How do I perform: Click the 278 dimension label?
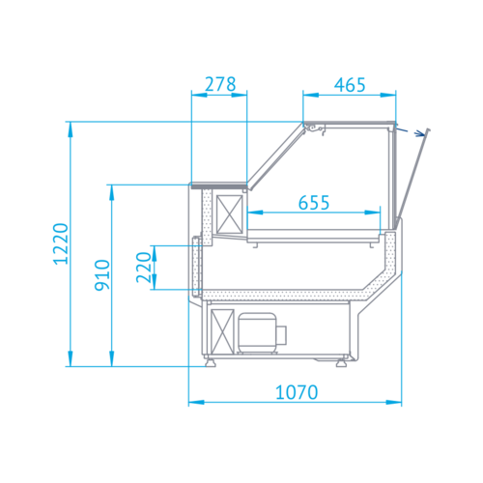pos(220,84)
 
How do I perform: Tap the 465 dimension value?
pos(350,85)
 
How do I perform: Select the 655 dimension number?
pos(314,203)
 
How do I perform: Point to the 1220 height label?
pos(61,243)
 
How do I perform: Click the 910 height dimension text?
pos(102,275)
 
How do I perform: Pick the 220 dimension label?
pos(144,268)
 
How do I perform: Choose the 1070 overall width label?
pos(297,392)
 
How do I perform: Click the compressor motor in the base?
pos(262,333)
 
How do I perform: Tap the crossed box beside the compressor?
pos(222,331)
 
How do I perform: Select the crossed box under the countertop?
pos(229,213)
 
